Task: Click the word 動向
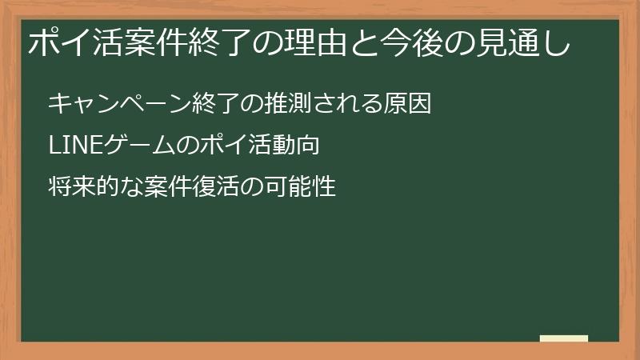click(297, 146)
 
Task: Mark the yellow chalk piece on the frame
click(564, 338)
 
